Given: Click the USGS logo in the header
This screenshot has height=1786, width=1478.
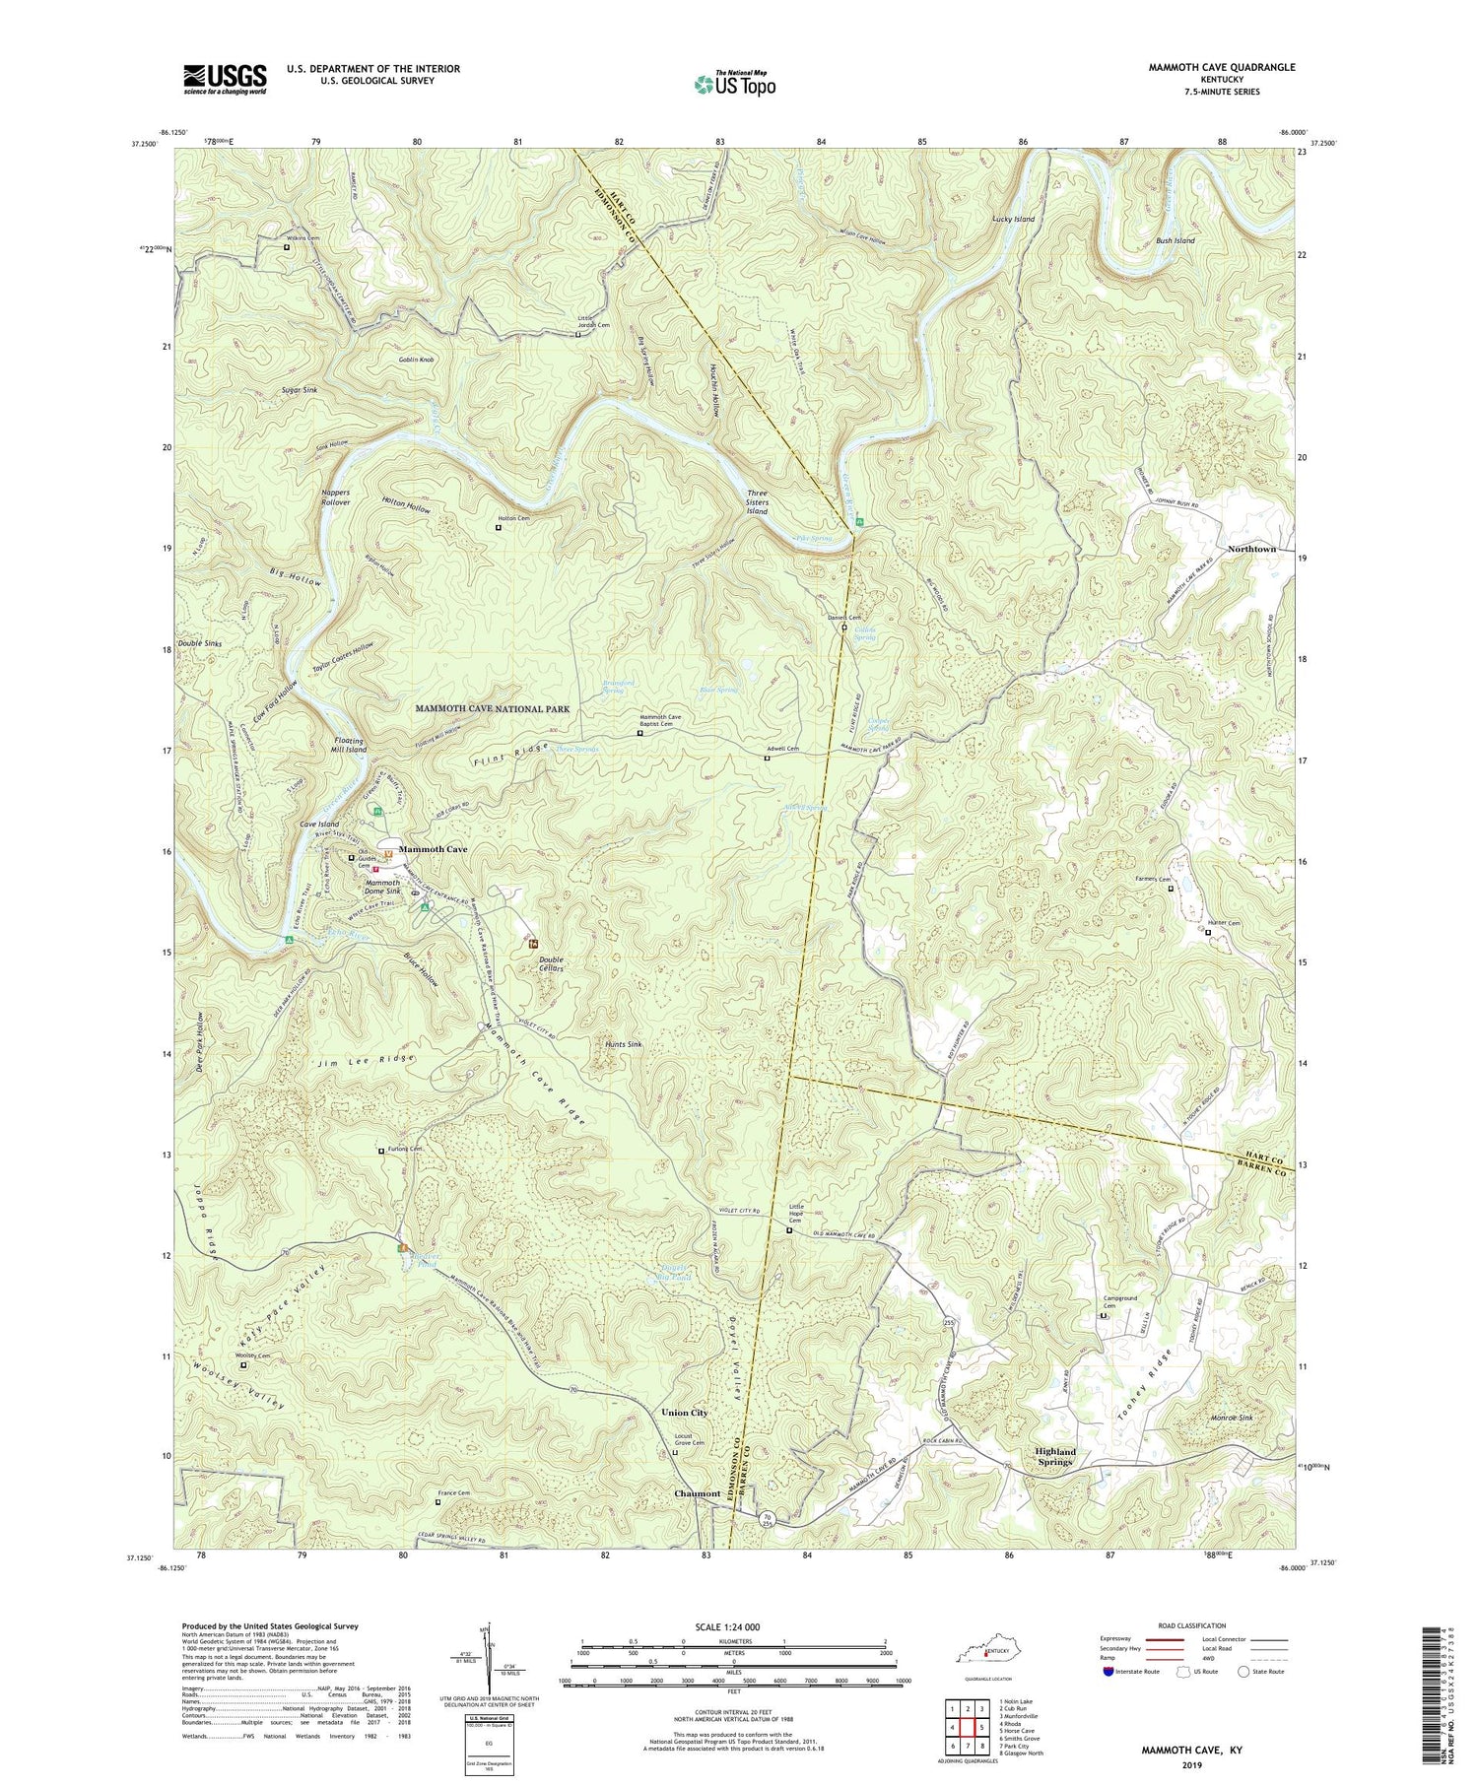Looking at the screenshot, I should coord(224,79).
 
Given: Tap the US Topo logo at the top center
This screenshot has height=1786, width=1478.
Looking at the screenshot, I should coord(734,84).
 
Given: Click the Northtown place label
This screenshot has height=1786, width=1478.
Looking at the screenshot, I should coord(1251,549).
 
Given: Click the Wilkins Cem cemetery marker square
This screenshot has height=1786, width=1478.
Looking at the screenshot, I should coord(287,247).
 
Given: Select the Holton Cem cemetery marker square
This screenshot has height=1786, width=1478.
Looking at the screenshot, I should coord(498,527).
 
